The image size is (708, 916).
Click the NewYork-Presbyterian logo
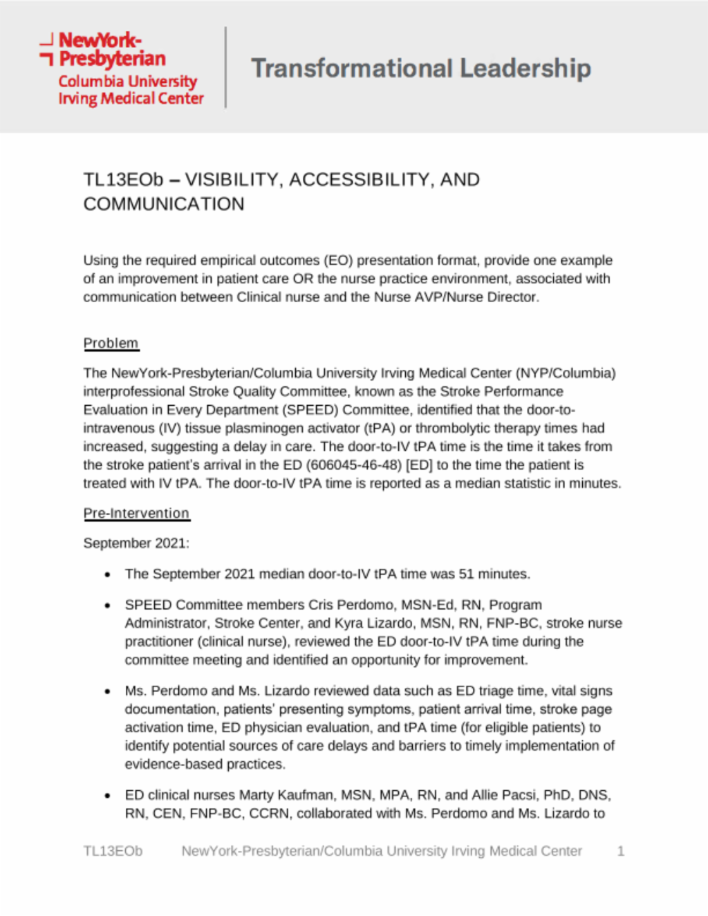pyautogui.click(x=122, y=68)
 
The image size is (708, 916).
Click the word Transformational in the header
pyautogui.click(x=351, y=68)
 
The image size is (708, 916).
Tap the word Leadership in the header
pyautogui.click(x=525, y=68)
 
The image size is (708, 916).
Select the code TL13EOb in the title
pyautogui.click(x=123, y=180)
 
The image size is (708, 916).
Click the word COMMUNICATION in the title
pyautogui.click(x=164, y=204)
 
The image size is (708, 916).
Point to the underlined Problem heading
pyautogui.click(x=111, y=343)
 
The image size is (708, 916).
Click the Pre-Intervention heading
pyautogui.click(x=136, y=513)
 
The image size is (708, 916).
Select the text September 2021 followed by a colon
pyautogui.click(x=136, y=543)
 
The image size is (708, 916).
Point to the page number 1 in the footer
pyautogui.click(x=620, y=851)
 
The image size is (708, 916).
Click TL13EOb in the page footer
pyautogui.click(x=113, y=851)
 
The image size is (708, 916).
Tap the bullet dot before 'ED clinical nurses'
pyautogui.click(x=107, y=796)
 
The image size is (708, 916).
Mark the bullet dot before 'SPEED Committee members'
pyautogui.click(x=107, y=605)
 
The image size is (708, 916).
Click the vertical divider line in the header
pyautogui.click(x=226, y=67)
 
